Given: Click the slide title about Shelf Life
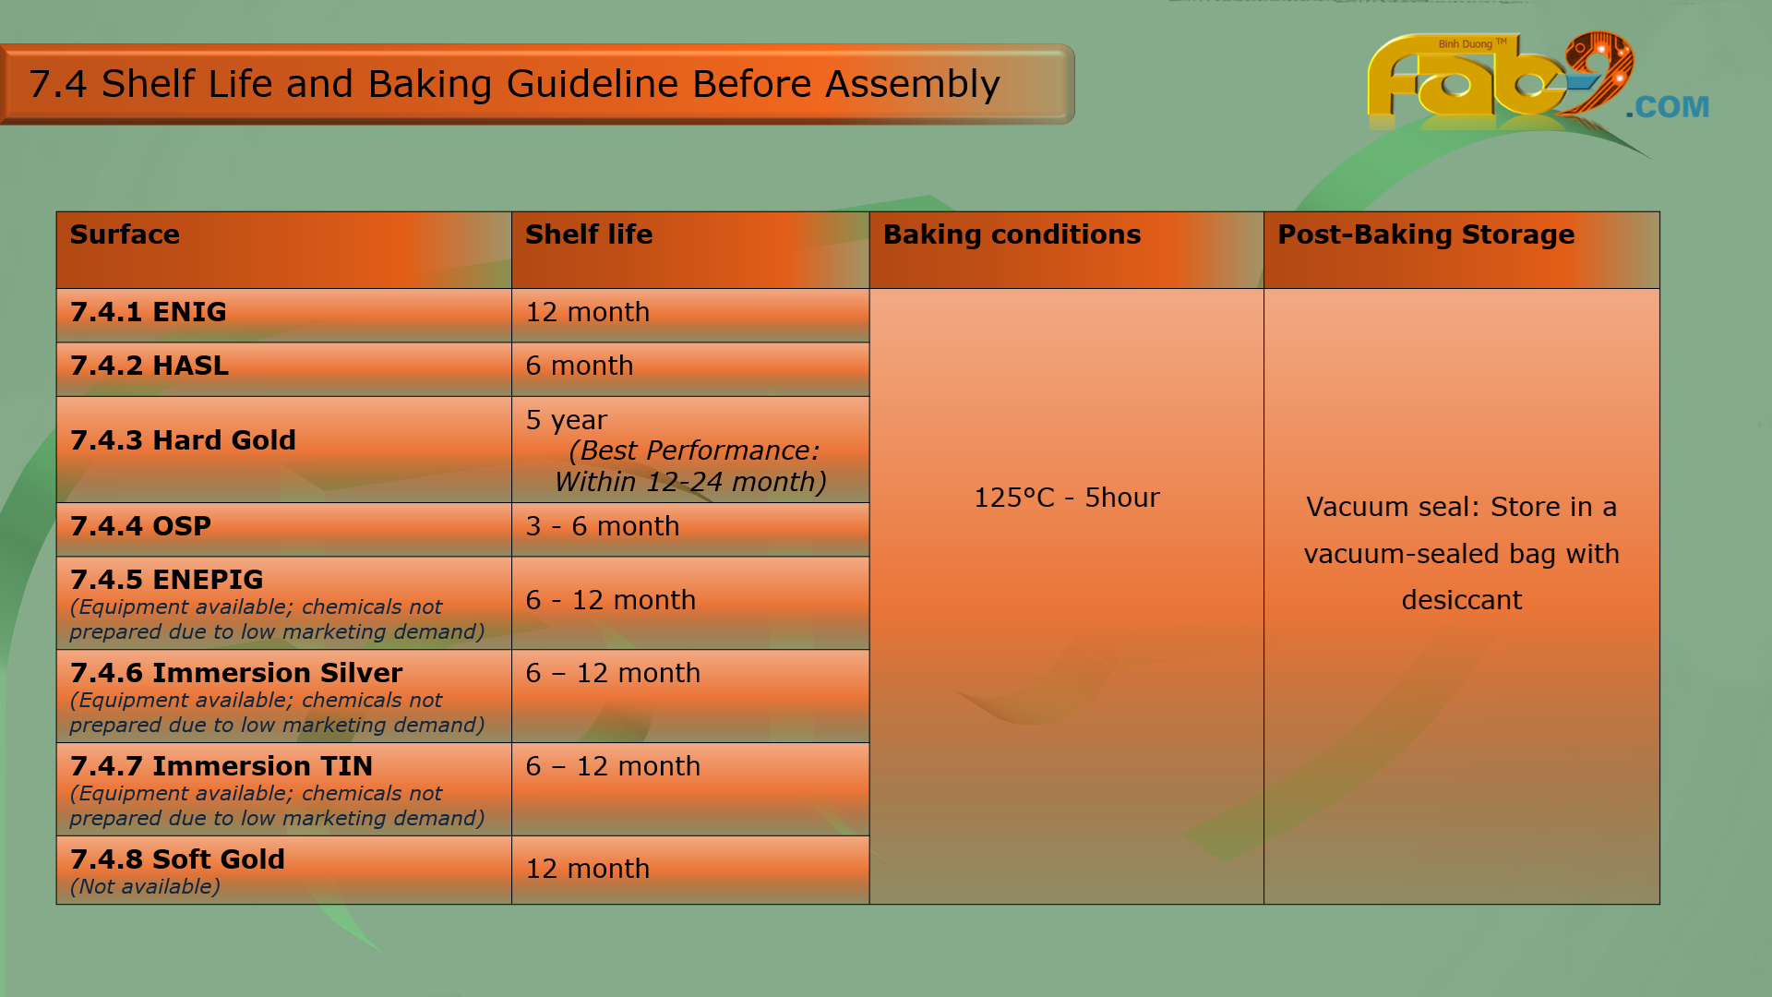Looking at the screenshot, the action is coord(514,84).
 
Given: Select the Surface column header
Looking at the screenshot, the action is coord(125,234).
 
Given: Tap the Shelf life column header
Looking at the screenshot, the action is coord(589,234).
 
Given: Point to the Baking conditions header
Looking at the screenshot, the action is coord(1012,234).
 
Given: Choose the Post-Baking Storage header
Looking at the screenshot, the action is coord(1426,234).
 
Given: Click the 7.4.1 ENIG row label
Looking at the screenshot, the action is coord(149,312).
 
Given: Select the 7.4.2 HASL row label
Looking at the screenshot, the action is coord(150,366).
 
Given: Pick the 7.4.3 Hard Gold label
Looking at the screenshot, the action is coord(183,440).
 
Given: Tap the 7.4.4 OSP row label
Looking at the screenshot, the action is coord(140,526).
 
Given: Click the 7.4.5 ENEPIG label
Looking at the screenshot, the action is coord(167,580).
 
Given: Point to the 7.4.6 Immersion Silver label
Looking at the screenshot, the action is coord(236,673).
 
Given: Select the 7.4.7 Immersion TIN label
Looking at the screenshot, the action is coord(221,766).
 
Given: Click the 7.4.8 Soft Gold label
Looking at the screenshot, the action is coord(177,859).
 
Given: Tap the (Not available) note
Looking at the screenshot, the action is coord(145,886).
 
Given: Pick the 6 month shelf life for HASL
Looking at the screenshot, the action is coord(580,366).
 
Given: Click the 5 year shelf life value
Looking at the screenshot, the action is coord(567,420).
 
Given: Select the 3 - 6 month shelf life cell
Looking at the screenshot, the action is coord(603,526).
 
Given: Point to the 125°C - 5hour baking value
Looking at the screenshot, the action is coord(1067,498).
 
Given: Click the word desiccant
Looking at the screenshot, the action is coord(1462,600).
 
